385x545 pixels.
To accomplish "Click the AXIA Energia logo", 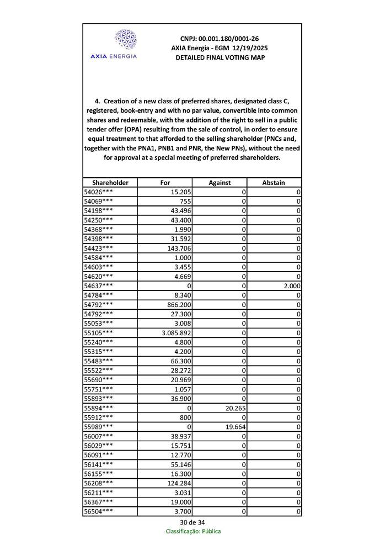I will pyautogui.click(x=125, y=45).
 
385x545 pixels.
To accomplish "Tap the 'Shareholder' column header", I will pyautogui.click(x=110, y=182).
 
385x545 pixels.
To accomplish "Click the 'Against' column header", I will pyautogui.click(x=219, y=182).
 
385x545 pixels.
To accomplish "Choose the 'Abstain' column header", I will pyautogui.click(x=274, y=182).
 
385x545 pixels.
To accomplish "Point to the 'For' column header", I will pyautogui.click(x=165, y=182).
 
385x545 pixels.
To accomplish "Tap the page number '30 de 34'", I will pyautogui.click(x=192, y=522).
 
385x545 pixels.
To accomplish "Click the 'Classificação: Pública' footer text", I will pyautogui.click(x=193, y=531).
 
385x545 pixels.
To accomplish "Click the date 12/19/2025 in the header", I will pyautogui.click(x=247, y=48).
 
